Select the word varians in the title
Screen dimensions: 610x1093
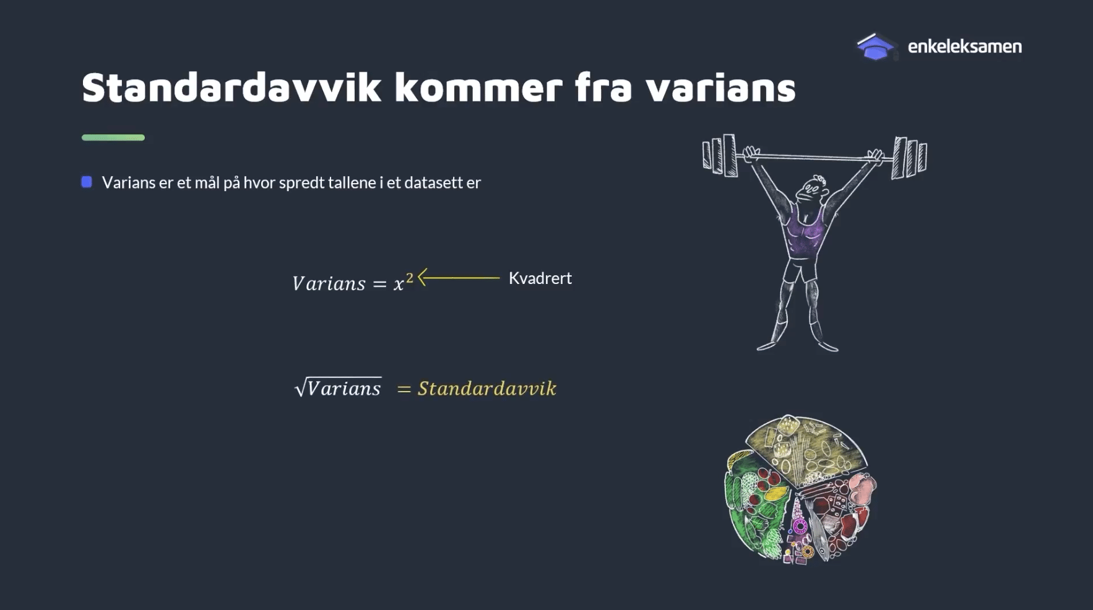[720, 87]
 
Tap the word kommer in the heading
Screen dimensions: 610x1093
[478, 87]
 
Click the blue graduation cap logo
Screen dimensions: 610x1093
[875, 47]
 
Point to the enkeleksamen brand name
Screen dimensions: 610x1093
[964, 46]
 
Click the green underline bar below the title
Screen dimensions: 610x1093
[113, 137]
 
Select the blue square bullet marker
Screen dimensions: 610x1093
[87, 182]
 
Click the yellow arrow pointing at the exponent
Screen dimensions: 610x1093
[459, 278]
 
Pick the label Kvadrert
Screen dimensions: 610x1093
[540, 278]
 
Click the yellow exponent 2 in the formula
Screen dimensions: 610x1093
[409, 278]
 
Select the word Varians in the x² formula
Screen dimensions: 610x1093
[329, 283]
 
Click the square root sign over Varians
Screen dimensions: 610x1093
[300, 388]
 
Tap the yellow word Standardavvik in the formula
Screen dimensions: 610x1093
[487, 389]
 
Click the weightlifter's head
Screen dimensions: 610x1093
[813, 189]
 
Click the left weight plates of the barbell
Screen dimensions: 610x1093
[719, 155]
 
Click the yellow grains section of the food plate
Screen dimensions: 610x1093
[808, 449]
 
